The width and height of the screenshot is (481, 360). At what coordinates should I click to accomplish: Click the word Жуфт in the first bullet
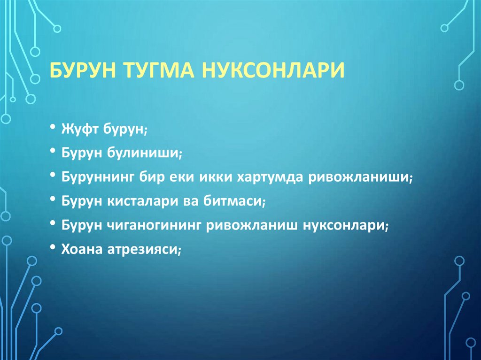pyautogui.click(x=78, y=129)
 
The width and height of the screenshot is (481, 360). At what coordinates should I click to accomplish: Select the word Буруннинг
pyautogui.click(x=98, y=177)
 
